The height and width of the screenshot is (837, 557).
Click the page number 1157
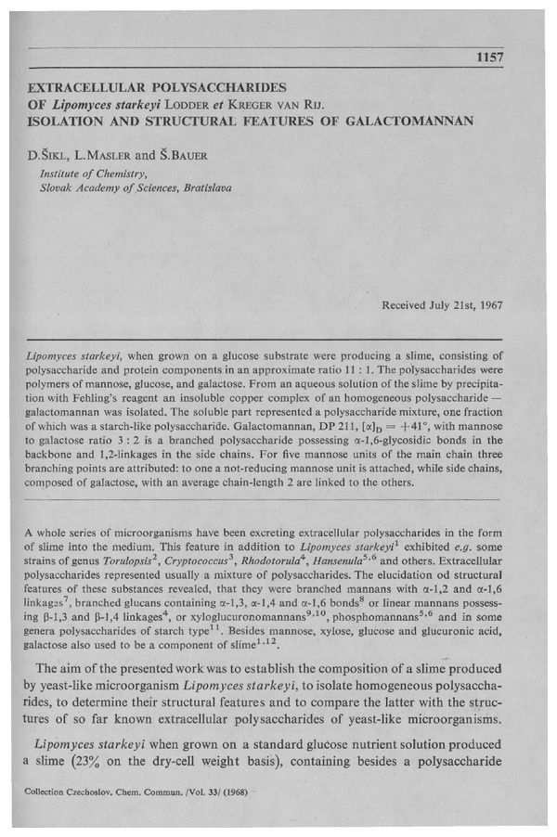point(488,58)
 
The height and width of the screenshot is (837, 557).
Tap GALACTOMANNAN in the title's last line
point(410,120)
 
